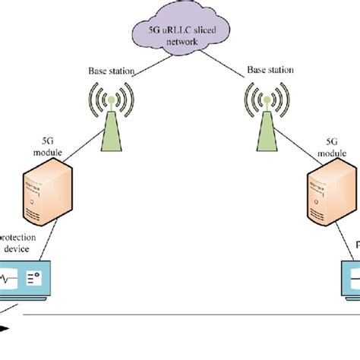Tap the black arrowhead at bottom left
(5, 328)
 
